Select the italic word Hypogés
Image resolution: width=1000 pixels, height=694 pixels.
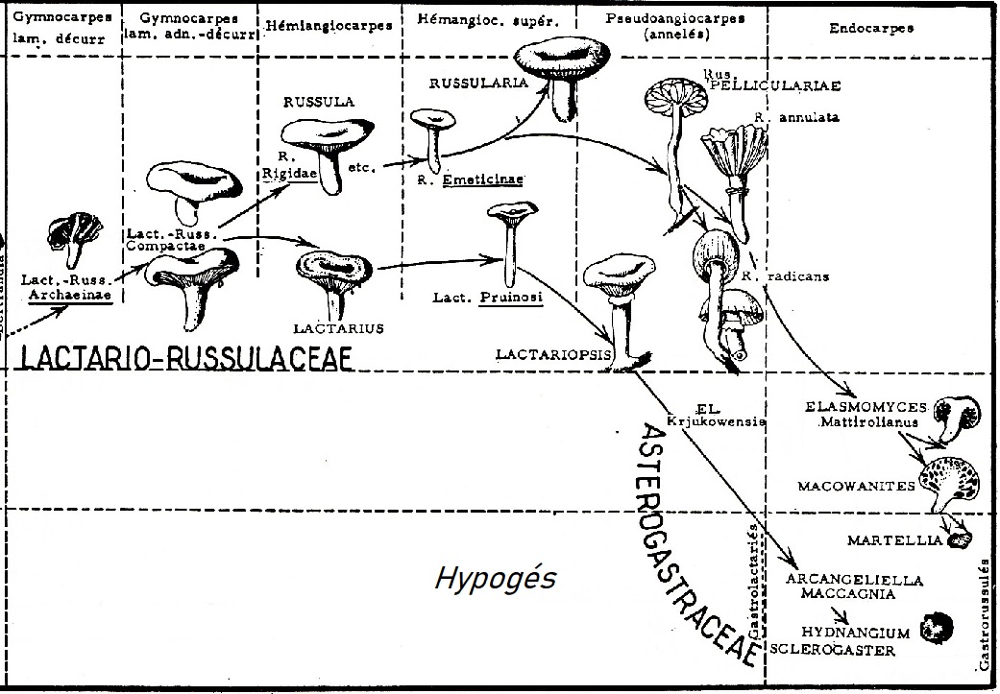pos(496,579)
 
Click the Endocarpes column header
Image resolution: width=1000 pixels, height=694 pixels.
pos(870,28)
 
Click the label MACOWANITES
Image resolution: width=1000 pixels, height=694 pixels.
pos(856,487)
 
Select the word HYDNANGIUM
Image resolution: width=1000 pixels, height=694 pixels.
pos(855,633)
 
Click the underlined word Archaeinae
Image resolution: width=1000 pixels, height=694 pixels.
pos(70,296)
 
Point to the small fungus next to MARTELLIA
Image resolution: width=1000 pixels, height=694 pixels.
pos(958,540)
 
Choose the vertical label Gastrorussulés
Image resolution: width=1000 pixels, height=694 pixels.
pos(985,614)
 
